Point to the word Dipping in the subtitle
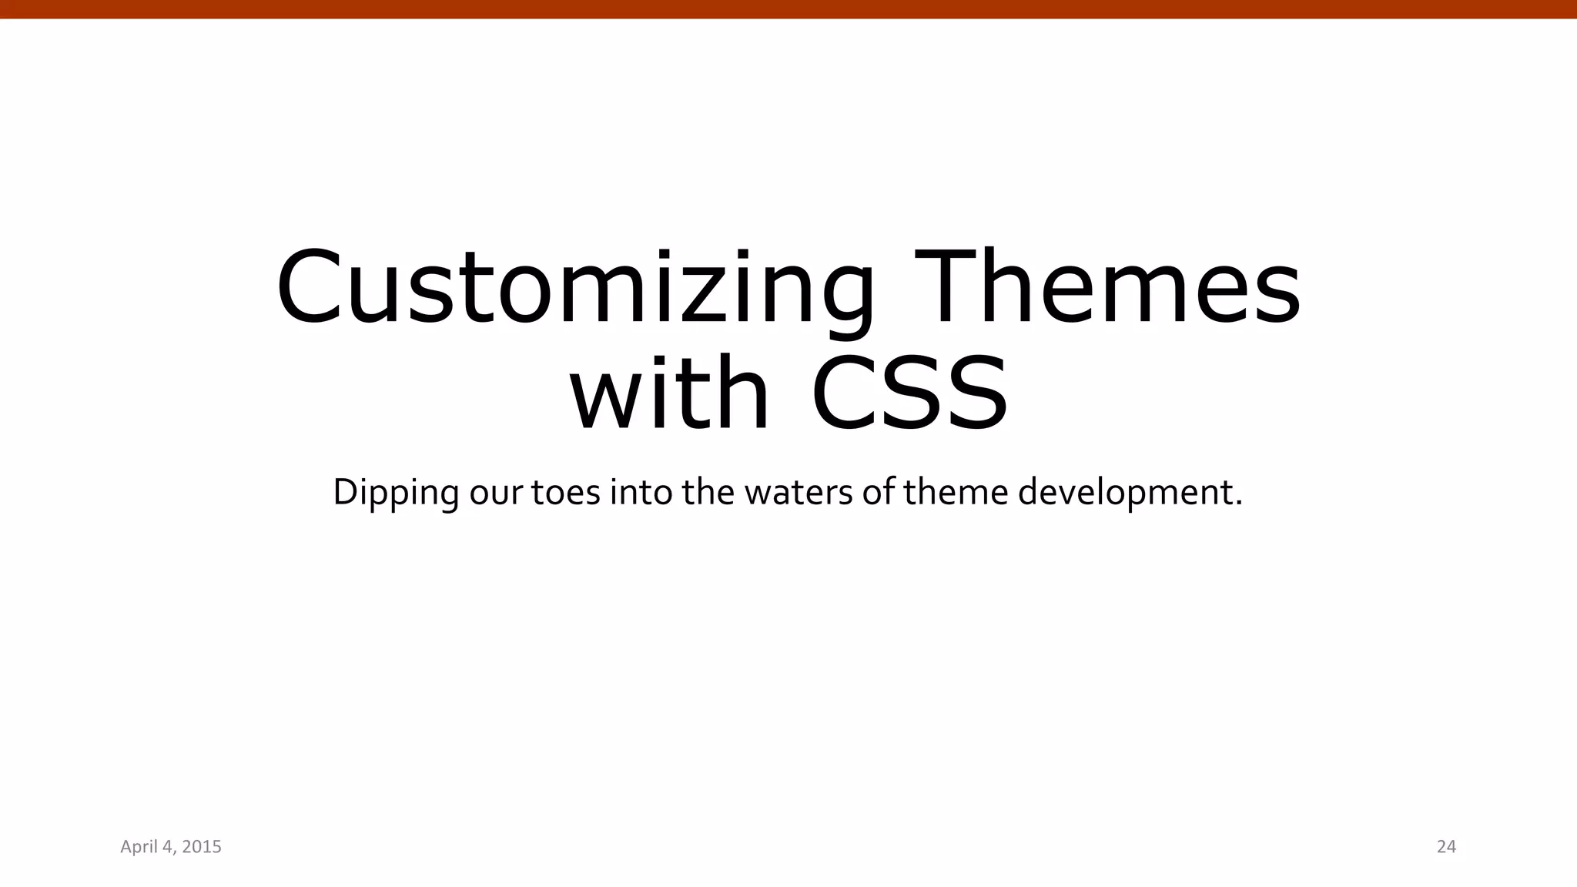pos(396,494)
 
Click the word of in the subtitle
pos(878,494)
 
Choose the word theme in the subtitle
pos(956,494)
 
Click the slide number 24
pos(1446,847)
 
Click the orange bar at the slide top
pos(788,8)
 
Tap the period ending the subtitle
pos(1238,504)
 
